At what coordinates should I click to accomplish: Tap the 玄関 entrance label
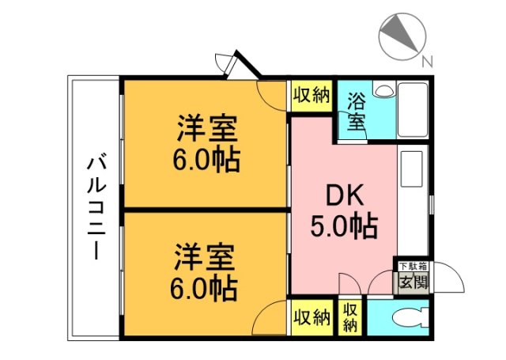click(411, 281)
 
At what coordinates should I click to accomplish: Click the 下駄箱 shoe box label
click(411, 267)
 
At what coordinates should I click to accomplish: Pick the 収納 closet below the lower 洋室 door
click(311, 318)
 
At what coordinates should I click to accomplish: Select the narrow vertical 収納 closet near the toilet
click(350, 317)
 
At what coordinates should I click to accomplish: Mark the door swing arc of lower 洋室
click(271, 317)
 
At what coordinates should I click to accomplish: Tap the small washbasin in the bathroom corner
click(383, 91)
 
